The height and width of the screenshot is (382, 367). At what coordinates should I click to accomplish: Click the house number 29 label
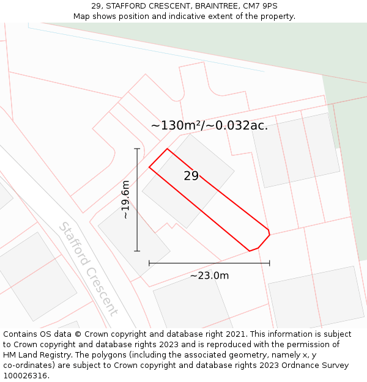(x=191, y=176)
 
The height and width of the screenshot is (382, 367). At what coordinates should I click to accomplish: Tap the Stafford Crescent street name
(x=87, y=269)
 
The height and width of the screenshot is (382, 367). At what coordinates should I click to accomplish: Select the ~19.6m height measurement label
(x=125, y=200)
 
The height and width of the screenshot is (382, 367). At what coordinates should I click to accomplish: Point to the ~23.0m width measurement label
(x=209, y=276)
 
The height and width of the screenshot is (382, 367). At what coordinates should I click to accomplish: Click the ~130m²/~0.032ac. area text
(x=209, y=126)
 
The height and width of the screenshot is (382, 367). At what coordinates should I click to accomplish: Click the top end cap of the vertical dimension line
(x=137, y=149)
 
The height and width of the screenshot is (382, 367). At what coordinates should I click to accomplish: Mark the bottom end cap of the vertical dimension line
(x=137, y=251)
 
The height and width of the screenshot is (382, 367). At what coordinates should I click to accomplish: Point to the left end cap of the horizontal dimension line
(x=149, y=263)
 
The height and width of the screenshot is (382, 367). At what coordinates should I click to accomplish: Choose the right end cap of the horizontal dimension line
(x=270, y=263)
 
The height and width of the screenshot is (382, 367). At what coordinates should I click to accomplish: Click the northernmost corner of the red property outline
(x=167, y=149)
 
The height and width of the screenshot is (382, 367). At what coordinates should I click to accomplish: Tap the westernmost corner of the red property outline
(x=149, y=167)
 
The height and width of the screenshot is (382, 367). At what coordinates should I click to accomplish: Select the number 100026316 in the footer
(x=26, y=375)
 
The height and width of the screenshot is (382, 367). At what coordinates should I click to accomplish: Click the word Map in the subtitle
(x=82, y=17)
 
